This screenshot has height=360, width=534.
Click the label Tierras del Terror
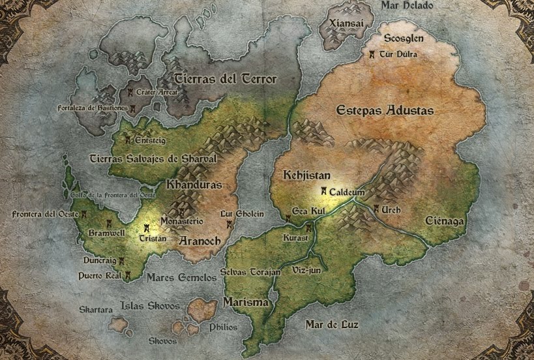coord(225,80)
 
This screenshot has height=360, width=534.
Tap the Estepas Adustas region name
coord(385,111)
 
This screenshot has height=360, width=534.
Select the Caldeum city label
coord(346,192)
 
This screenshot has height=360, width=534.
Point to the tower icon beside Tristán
coord(147,228)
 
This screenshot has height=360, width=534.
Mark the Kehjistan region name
coord(308,175)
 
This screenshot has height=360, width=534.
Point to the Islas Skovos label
coord(146,306)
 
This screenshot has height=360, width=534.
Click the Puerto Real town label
coord(100,276)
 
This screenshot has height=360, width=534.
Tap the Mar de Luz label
coord(334,323)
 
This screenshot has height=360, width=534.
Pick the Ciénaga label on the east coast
coord(444,221)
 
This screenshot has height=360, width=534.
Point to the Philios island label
coord(223,327)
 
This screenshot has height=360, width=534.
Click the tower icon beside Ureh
coord(376,209)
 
